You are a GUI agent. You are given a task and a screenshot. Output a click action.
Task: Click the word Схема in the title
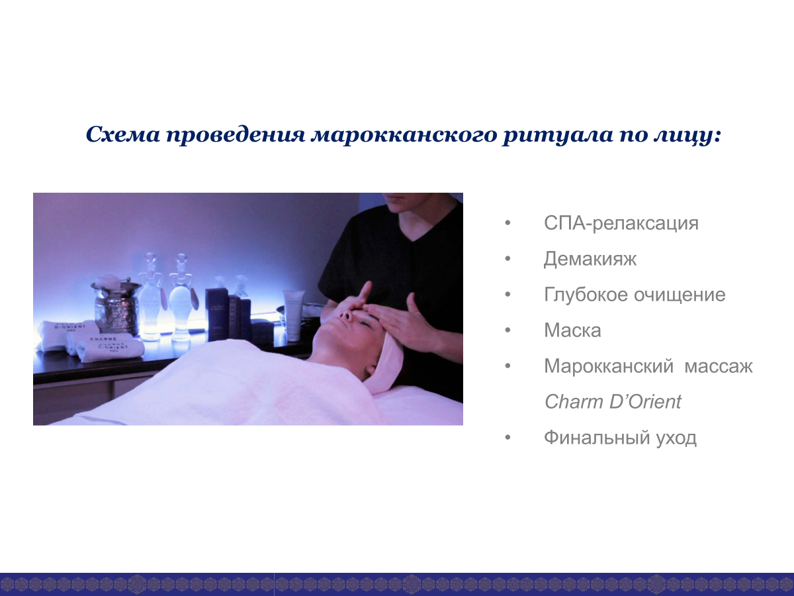(122, 134)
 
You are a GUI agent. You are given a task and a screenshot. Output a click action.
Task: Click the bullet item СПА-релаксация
(621, 223)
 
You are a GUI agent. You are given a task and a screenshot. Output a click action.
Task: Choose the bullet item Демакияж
(590, 259)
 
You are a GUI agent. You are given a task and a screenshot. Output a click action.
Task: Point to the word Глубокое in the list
(586, 295)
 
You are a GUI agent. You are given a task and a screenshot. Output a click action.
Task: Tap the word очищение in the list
(680, 295)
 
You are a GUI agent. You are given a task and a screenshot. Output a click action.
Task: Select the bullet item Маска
(572, 330)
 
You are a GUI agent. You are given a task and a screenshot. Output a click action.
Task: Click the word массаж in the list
(719, 366)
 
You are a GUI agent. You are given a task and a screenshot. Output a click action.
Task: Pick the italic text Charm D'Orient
(613, 402)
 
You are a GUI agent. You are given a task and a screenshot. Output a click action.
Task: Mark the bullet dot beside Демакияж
(507, 259)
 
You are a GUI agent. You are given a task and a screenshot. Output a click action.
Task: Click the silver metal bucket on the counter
(116, 307)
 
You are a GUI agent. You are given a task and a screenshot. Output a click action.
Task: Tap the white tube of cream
(293, 315)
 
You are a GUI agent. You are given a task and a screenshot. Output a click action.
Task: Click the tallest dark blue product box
(216, 314)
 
